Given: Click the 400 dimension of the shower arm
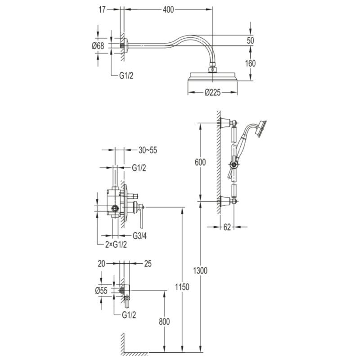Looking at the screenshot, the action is coord(168,9).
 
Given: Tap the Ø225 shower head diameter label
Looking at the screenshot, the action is coord(212,93).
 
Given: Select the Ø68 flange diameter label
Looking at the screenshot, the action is coord(98,46).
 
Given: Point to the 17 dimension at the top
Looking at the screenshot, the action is coord(102,9).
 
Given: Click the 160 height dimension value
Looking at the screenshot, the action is coord(250,63).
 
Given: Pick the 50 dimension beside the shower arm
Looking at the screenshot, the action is coord(251,40).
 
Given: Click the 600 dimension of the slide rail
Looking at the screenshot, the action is coord(200,162).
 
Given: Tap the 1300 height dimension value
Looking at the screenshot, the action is coord(200,270).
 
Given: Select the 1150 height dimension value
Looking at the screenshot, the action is coord(182,287).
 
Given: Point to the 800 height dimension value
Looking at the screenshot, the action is coord(164,322).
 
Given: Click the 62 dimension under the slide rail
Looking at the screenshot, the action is coord(227,227).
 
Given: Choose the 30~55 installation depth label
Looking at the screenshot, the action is coord(148,150).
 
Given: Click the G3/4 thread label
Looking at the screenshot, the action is coord(139,235).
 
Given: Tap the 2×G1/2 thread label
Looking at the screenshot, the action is coord(116,245).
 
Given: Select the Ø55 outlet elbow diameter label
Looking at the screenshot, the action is coord(101,290).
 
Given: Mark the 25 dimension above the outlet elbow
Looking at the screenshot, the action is coord(148,264).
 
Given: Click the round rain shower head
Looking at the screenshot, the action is coord(212,76).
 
